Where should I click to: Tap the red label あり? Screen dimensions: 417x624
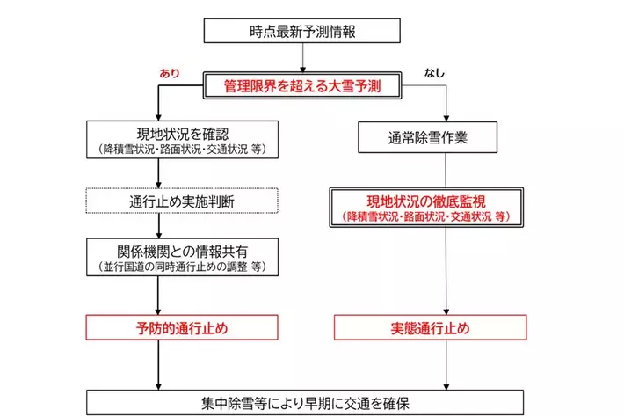[x=169, y=73]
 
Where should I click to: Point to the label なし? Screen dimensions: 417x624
[x=434, y=72]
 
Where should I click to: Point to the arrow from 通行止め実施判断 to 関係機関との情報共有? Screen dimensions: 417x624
[x=157, y=225]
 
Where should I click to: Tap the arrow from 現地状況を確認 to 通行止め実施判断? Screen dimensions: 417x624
[x=157, y=173]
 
